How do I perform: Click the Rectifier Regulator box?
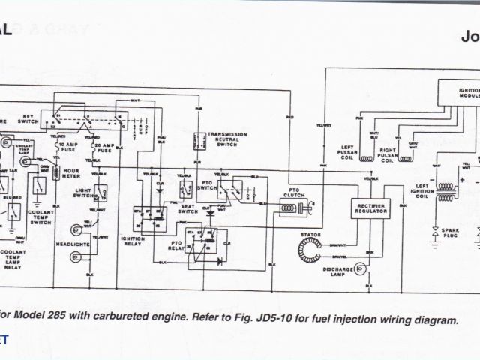(370, 208)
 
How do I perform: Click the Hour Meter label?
(70, 173)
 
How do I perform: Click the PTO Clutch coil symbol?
(288, 209)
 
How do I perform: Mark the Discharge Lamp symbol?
(360, 266)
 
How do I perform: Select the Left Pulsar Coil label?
(349, 150)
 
